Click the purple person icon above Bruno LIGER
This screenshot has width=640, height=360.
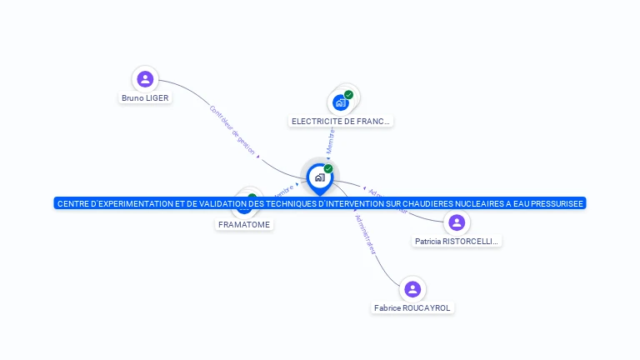pos(145,79)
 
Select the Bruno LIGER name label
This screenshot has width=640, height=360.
pos(145,97)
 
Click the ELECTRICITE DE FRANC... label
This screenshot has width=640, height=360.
pos(341,121)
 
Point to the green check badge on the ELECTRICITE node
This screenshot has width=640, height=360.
pos(348,94)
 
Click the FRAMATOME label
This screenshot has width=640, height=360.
pos(244,224)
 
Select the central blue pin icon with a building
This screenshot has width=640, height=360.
pos(319,177)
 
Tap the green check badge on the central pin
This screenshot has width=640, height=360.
pos(328,168)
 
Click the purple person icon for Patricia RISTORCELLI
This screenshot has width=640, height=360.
pos(456,222)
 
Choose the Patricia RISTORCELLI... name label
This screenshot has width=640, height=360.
pos(457,242)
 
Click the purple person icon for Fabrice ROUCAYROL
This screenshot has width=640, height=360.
pos(412,289)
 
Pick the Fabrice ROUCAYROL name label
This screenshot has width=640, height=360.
pos(412,307)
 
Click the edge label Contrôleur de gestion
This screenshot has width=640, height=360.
pos(232,129)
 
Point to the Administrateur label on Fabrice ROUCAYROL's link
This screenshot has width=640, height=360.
pos(365,234)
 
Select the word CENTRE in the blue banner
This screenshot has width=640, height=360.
pos(73,203)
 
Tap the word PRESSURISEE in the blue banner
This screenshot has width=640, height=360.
pos(553,203)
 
